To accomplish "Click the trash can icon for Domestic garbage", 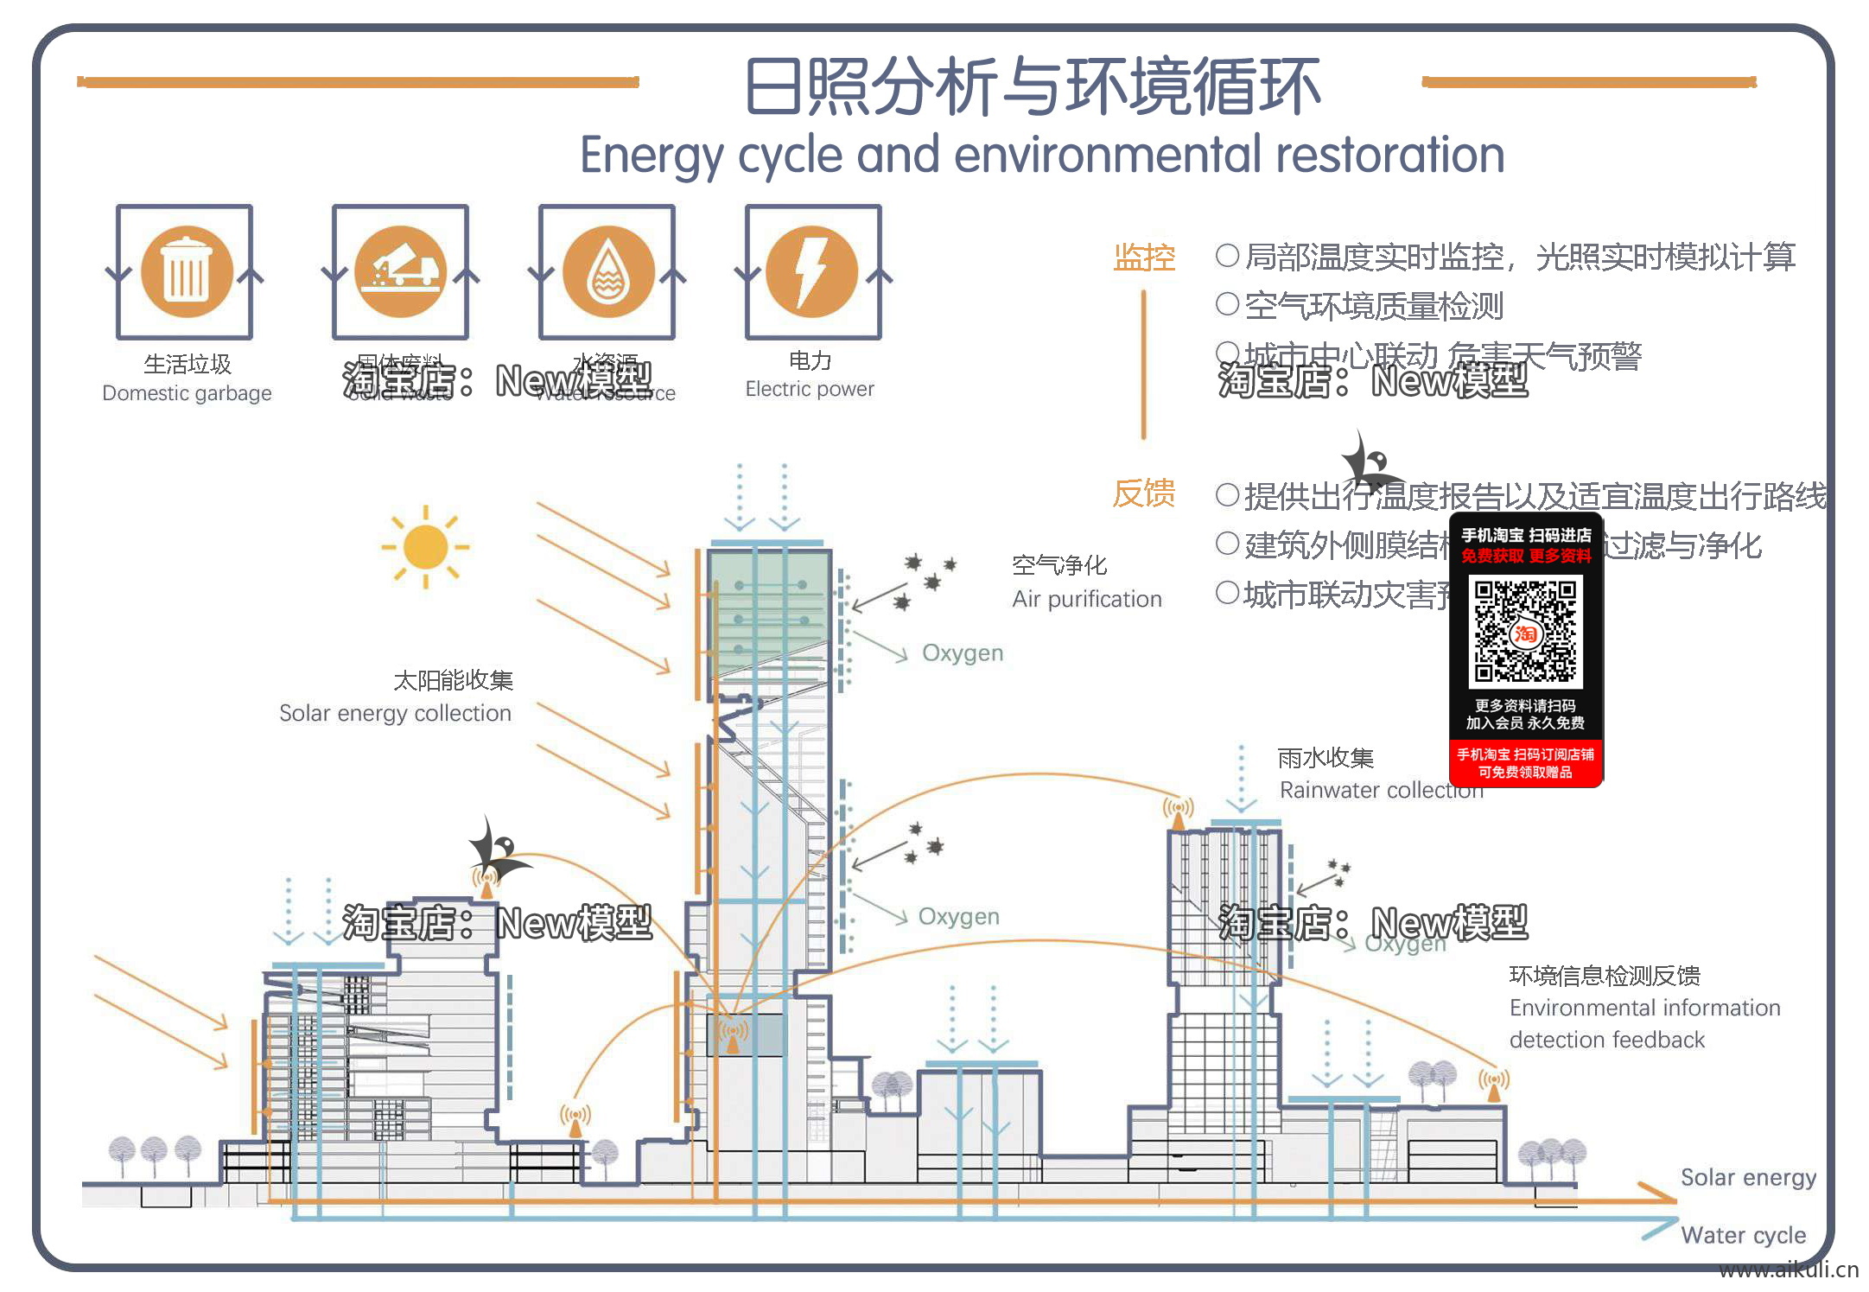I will coord(187,271).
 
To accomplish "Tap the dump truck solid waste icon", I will coord(401,271).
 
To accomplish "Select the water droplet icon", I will coord(608,271).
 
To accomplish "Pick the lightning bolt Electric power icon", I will coord(812,271).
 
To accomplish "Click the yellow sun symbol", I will coord(425,547).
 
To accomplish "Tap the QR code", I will coord(1525,632).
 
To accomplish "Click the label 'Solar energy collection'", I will coord(395,713).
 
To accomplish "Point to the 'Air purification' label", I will coord(1086,599).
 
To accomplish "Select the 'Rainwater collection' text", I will coord(1380,790).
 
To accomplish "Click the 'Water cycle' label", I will coord(1743,1235).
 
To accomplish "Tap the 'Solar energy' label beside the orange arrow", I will coord(1748,1177).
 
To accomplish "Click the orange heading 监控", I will coord(1144,258).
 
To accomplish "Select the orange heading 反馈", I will coord(1143,493).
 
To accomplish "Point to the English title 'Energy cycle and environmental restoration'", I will coord(1042,156).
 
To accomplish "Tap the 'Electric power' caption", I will coord(810,389).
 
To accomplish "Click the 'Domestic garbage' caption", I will coord(187,393).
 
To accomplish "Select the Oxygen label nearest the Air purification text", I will coord(963,652).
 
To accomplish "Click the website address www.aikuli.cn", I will coord(1788,1270).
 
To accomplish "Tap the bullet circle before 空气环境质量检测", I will coord(1227,304).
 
